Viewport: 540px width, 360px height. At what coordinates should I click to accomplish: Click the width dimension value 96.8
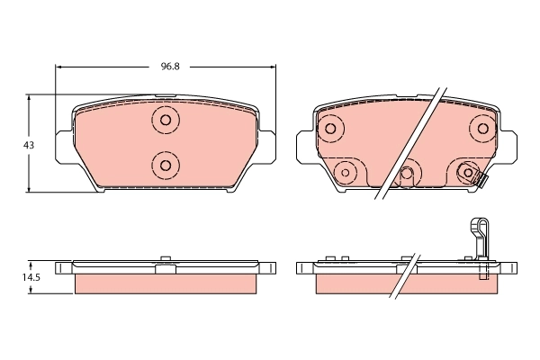click(x=165, y=67)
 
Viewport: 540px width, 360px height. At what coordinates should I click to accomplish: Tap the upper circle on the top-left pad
click(x=165, y=120)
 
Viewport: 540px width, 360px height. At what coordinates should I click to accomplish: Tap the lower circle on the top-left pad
click(x=165, y=164)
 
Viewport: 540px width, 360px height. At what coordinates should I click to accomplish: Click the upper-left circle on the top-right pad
click(x=329, y=129)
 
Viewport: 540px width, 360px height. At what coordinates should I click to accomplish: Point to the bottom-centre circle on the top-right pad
click(x=407, y=174)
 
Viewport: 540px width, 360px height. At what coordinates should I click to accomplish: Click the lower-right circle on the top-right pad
click(x=468, y=173)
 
